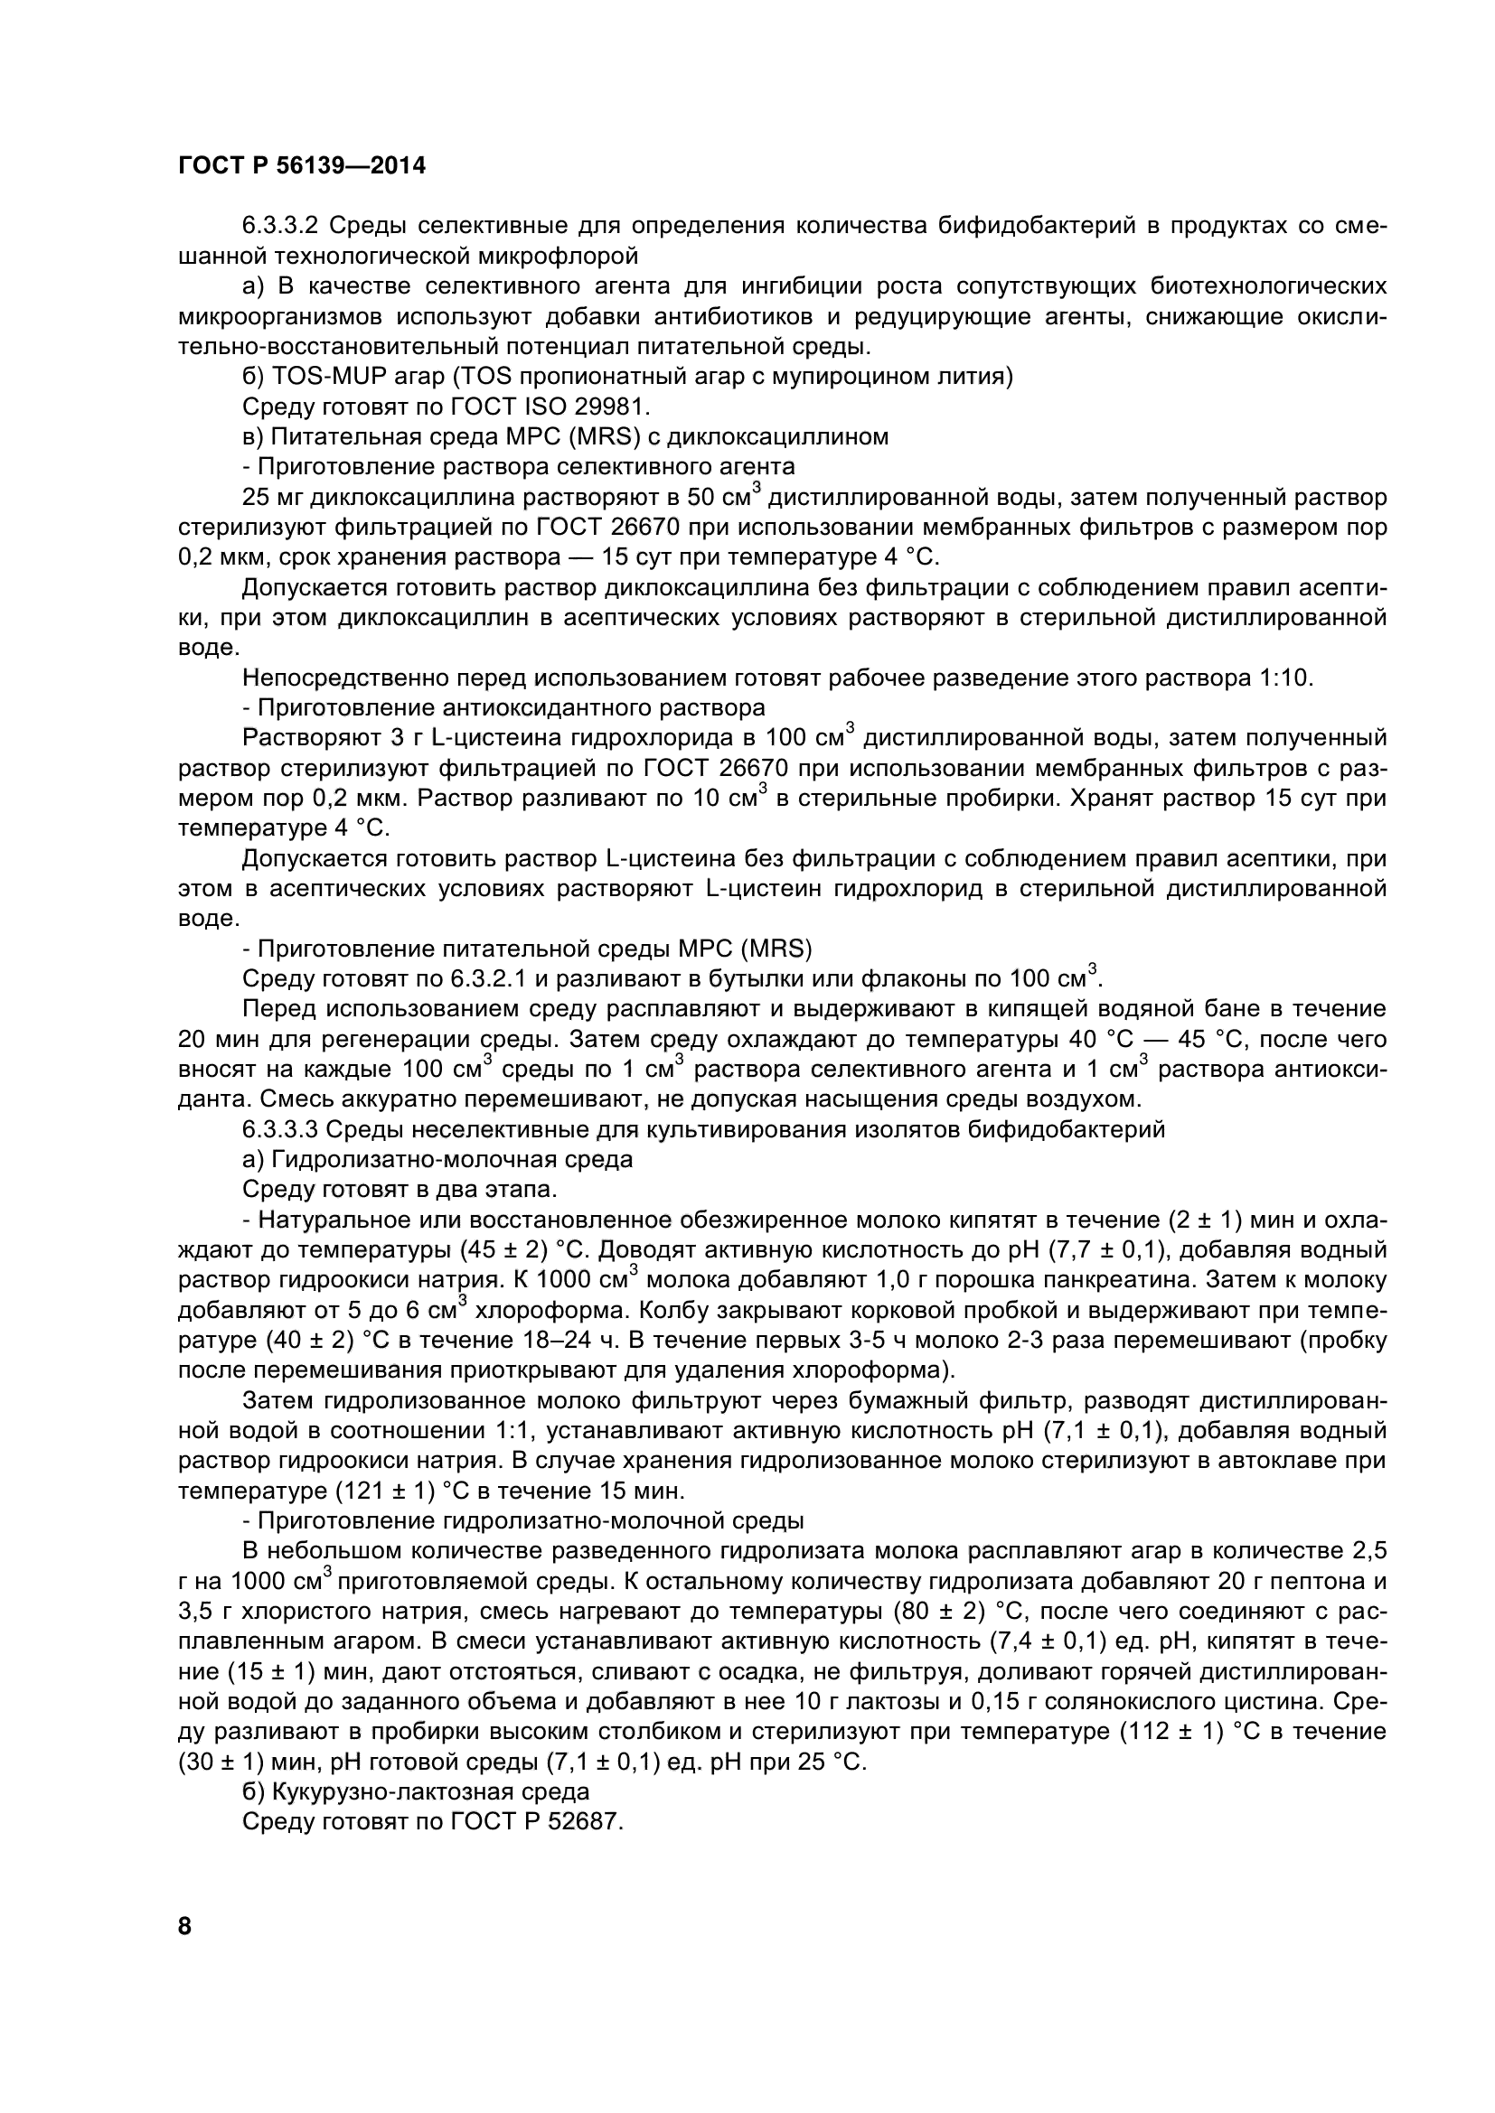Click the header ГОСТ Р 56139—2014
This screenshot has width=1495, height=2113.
(302, 166)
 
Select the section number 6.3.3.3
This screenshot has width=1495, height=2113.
(280, 1130)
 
